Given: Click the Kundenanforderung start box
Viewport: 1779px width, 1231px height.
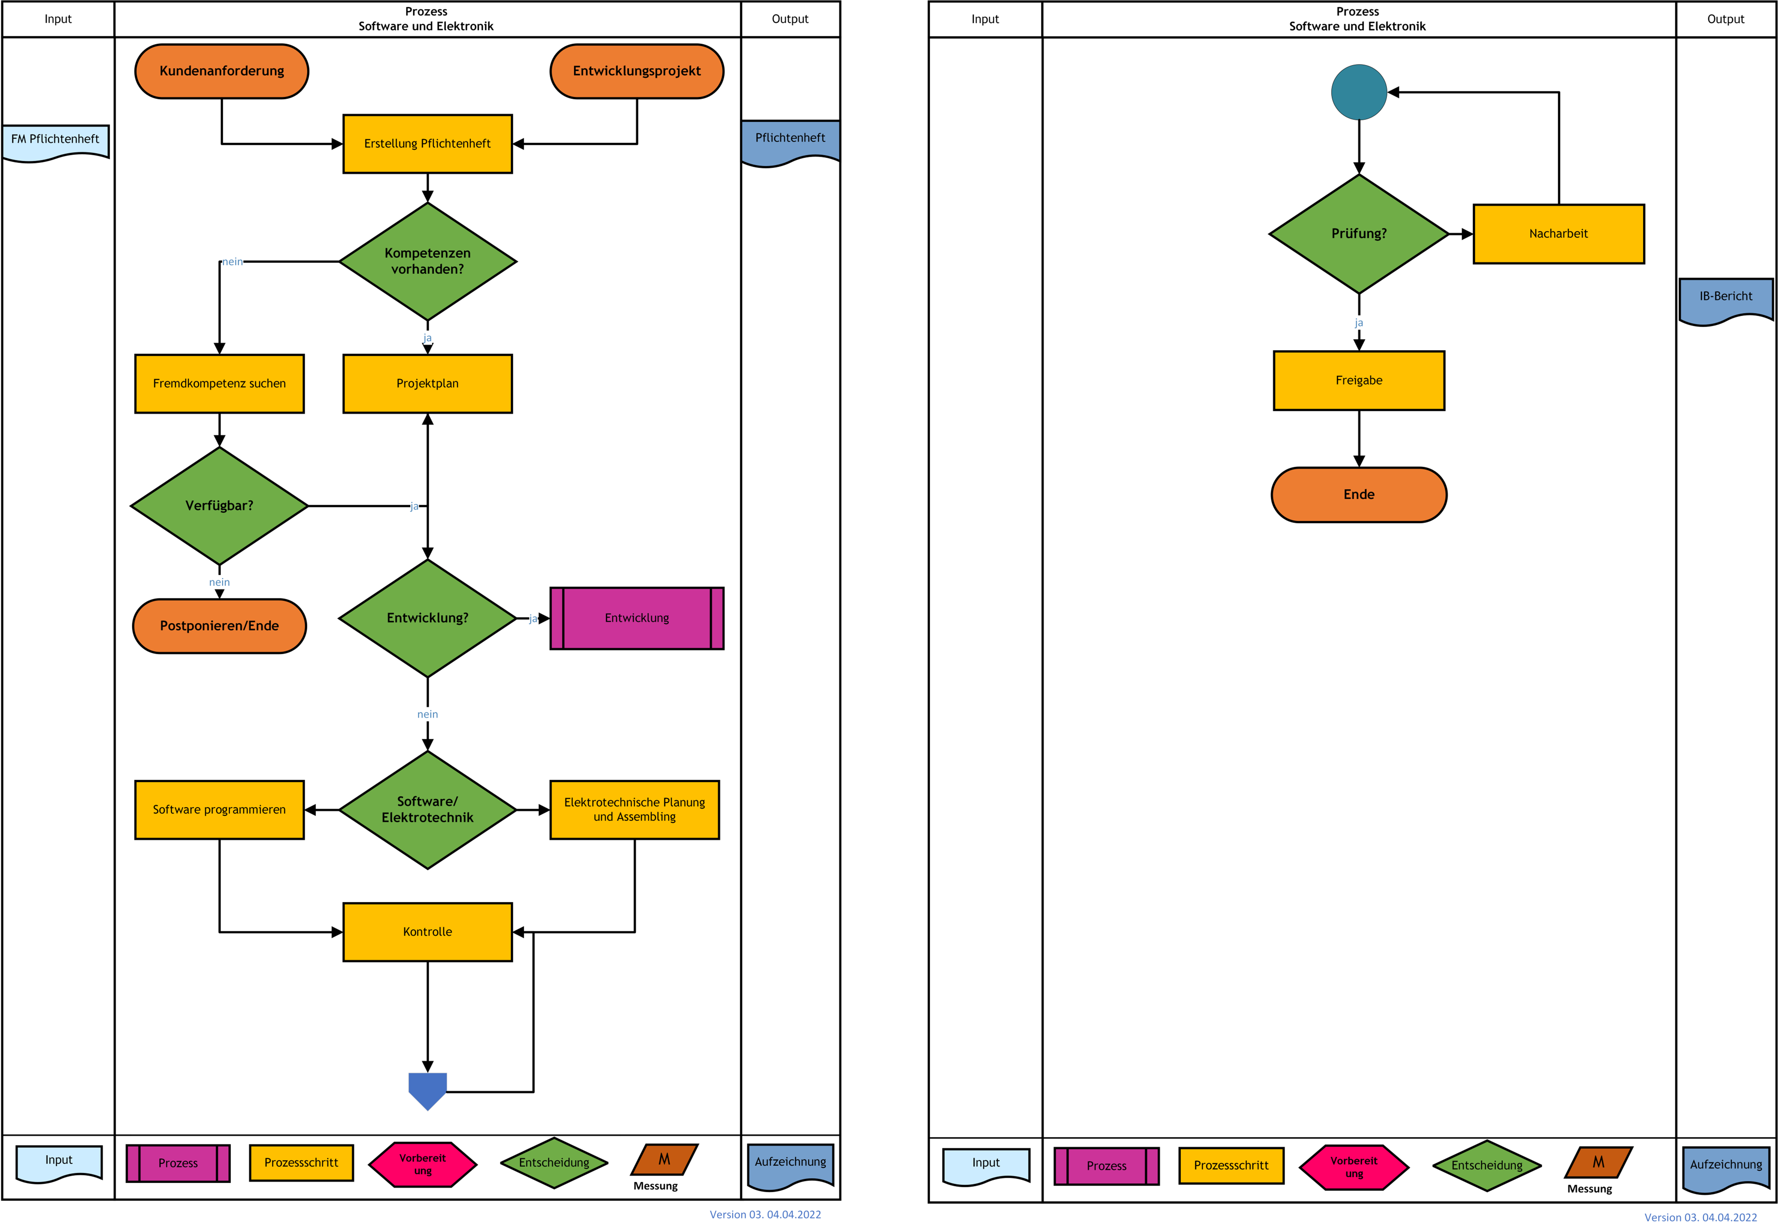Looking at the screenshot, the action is pyautogui.click(x=221, y=71).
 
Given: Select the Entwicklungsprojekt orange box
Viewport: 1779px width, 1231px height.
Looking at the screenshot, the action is pyautogui.click(x=636, y=71).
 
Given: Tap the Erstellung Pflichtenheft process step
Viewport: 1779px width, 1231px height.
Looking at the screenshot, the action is pyautogui.click(x=427, y=143).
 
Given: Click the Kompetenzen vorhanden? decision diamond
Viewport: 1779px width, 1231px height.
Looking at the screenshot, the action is pyautogui.click(x=427, y=261).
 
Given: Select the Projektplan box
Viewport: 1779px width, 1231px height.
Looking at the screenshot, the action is pyautogui.click(x=427, y=383).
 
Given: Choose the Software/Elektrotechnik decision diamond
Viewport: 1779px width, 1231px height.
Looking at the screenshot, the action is pyautogui.click(x=427, y=810).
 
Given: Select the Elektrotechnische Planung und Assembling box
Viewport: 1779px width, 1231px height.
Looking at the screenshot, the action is pyautogui.click(x=634, y=810).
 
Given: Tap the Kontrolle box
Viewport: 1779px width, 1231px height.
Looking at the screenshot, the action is pyautogui.click(x=427, y=932).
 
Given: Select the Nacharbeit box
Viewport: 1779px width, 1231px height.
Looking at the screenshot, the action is pyautogui.click(x=1558, y=234).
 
